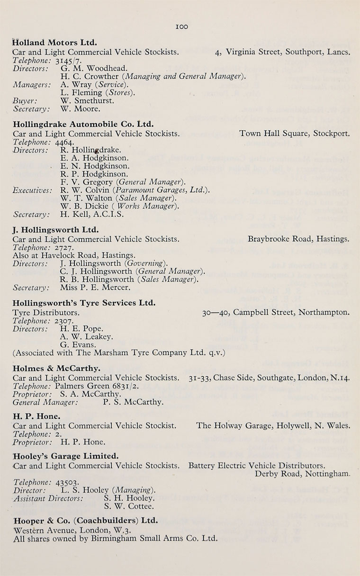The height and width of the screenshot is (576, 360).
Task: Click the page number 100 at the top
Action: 181,27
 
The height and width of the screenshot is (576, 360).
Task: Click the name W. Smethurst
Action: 87,100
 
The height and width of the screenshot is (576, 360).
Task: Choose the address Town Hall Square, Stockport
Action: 295,134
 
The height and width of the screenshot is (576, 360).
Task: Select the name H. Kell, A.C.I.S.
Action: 92,215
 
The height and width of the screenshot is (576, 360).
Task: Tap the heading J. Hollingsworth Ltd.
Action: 56,230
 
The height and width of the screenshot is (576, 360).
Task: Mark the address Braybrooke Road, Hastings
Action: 298,239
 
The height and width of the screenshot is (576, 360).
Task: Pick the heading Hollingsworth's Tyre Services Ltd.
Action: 84,303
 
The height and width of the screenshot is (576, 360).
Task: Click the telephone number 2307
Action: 64,320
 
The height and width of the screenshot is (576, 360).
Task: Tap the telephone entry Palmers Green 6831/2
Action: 91,386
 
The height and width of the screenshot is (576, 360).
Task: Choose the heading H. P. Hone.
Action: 36,416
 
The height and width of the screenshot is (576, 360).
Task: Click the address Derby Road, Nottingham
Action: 303,474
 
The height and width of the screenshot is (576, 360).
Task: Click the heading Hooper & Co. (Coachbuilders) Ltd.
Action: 85,521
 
